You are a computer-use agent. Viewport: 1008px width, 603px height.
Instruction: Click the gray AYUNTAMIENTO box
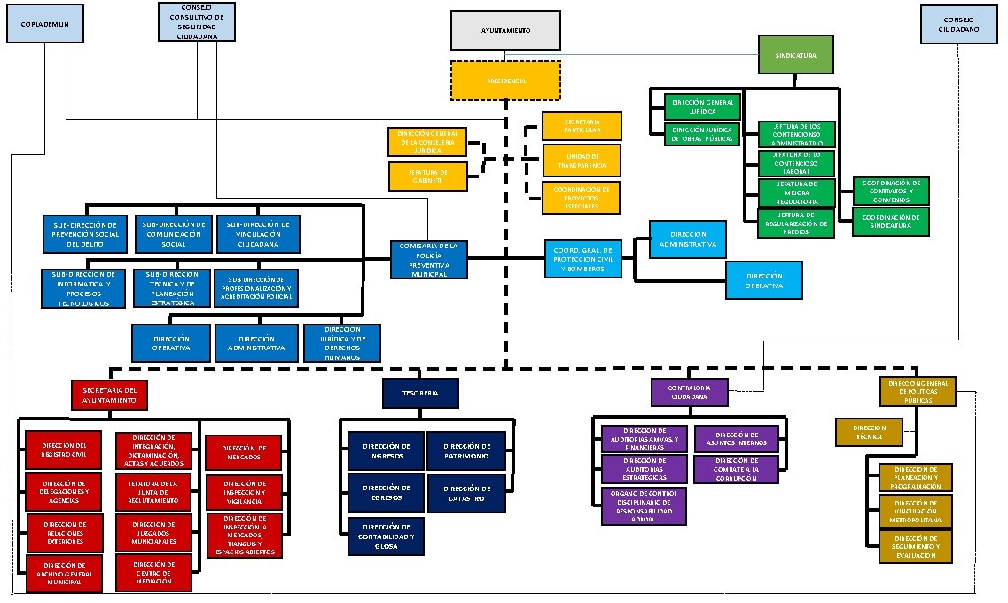[x=505, y=30]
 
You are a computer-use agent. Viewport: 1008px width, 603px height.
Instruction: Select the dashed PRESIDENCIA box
[x=505, y=81]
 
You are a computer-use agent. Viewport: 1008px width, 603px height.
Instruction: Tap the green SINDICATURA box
[x=796, y=55]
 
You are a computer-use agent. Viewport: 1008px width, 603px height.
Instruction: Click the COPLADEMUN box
[x=44, y=24]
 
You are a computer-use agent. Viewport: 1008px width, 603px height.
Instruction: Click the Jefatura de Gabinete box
[x=427, y=176]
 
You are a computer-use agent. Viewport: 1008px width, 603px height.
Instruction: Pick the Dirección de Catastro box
[x=466, y=494]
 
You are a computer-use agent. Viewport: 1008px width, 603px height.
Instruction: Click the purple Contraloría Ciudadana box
[x=690, y=392]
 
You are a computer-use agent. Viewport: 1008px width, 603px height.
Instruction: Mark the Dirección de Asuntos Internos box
[x=736, y=439]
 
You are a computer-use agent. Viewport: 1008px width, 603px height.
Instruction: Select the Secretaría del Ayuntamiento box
[x=109, y=394]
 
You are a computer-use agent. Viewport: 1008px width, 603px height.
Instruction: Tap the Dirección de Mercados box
[x=245, y=452]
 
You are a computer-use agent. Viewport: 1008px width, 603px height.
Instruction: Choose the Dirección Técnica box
[x=869, y=432]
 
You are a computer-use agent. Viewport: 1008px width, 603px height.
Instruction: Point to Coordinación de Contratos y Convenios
[x=891, y=190]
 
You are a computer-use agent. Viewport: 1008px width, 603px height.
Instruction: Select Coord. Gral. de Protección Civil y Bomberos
[x=582, y=258]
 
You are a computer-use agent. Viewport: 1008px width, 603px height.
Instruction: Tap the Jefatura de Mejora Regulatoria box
[x=796, y=192]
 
